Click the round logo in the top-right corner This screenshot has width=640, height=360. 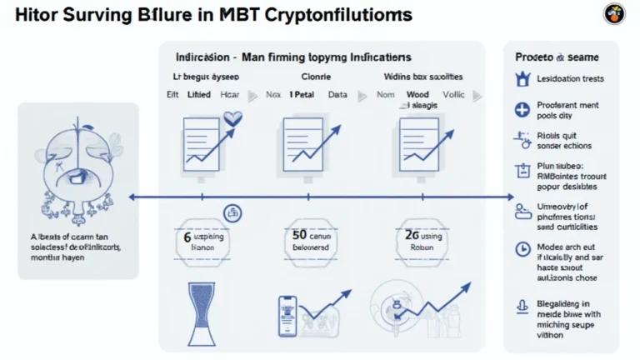(x=614, y=13)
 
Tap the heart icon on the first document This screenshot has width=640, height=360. (x=232, y=119)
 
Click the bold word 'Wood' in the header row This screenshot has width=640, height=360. (x=417, y=95)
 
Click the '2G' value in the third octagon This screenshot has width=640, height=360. (x=411, y=237)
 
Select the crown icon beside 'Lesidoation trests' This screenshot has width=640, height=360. (x=522, y=79)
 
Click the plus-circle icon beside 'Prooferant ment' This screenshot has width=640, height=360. (x=522, y=109)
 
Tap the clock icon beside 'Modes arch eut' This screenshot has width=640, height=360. (x=522, y=248)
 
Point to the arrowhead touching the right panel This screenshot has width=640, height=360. (x=511, y=197)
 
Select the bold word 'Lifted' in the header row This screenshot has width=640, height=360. (x=199, y=95)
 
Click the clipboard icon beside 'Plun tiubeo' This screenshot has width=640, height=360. (x=522, y=171)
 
